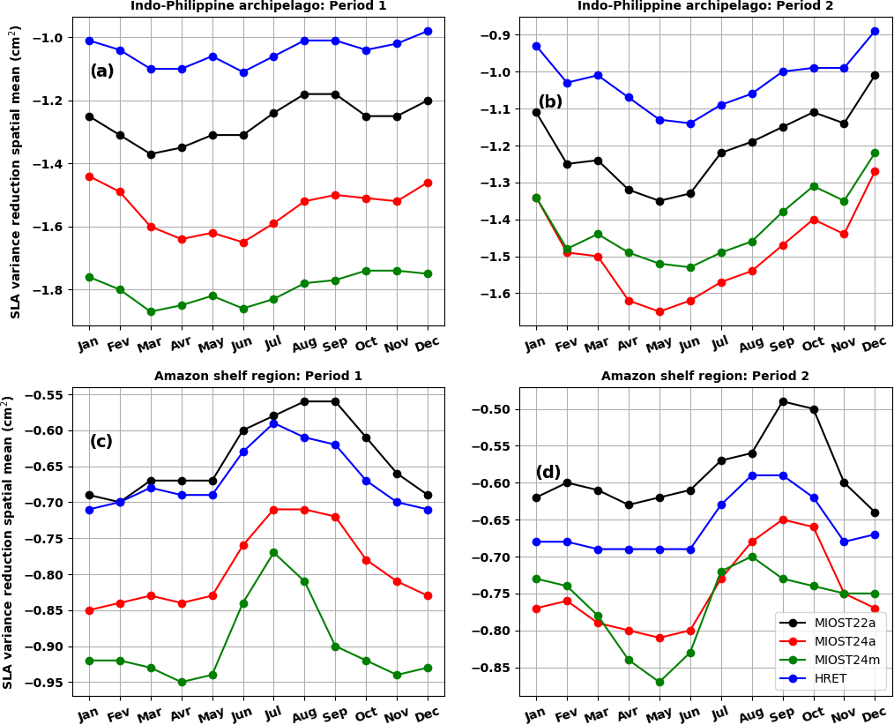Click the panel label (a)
coord(102,71)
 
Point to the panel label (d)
coord(548,473)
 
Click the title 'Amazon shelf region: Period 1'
coord(258,376)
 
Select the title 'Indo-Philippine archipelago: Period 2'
coord(705,6)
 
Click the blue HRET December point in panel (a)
coord(428,31)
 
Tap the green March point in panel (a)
coord(151,311)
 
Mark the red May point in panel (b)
coord(659,311)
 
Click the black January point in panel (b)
coord(536,112)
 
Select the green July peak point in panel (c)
coord(273,552)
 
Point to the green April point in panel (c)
coord(182,682)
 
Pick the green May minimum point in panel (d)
coord(659,682)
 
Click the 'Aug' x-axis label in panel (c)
coord(303,713)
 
